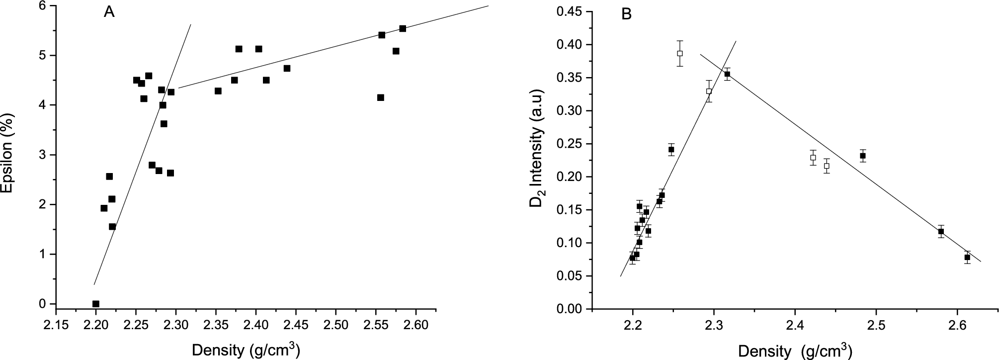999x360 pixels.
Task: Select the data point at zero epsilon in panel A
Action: [x=96, y=304]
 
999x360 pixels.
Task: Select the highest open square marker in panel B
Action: [x=680, y=53]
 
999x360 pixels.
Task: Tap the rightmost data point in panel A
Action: [x=403, y=28]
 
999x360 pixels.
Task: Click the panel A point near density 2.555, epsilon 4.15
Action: [x=381, y=97]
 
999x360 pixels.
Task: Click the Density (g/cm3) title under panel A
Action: [x=246, y=350]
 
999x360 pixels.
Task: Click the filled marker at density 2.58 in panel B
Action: [x=941, y=231]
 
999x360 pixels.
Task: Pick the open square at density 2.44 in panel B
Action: [x=827, y=166]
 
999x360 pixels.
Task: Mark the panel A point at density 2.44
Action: [x=287, y=68]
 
